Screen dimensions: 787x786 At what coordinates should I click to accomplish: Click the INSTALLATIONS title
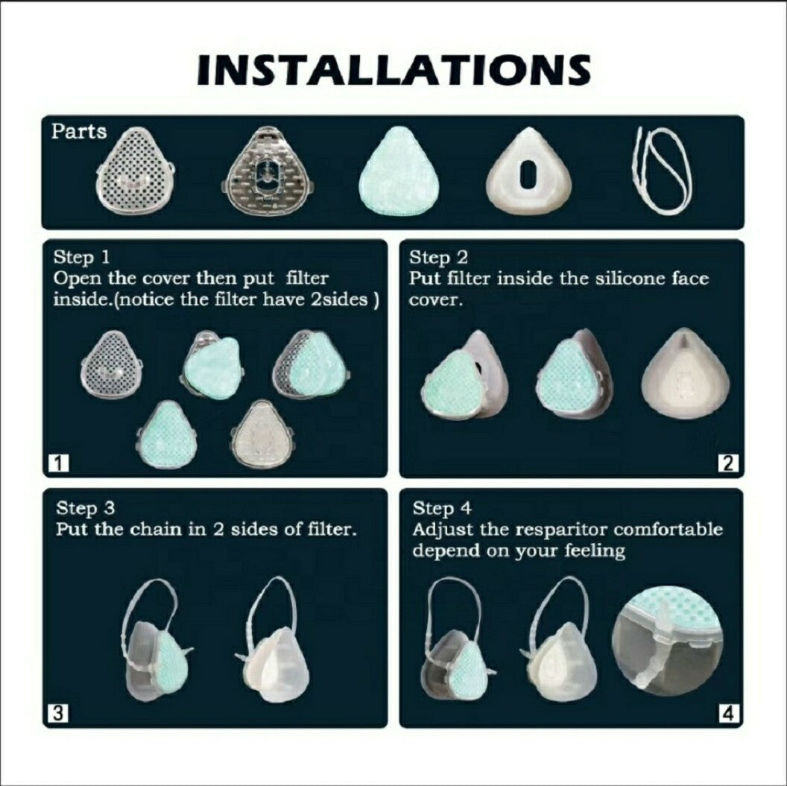[x=393, y=69]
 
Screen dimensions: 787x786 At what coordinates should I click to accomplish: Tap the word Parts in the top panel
[x=79, y=131]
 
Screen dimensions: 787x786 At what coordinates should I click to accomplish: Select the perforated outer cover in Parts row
[x=135, y=168]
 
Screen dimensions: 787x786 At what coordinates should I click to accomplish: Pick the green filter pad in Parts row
[x=399, y=171]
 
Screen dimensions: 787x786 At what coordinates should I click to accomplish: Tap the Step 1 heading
[x=81, y=257]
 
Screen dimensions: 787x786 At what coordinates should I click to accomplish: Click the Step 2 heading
[x=438, y=258]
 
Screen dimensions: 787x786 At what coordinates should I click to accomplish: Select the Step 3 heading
[x=85, y=508]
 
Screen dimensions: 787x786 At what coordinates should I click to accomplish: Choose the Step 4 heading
[x=442, y=509]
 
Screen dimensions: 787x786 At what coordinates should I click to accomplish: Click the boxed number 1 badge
[x=59, y=463]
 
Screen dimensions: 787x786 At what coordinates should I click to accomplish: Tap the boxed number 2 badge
[x=728, y=463]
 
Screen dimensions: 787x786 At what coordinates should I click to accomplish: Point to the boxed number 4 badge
[x=729, y=713]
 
